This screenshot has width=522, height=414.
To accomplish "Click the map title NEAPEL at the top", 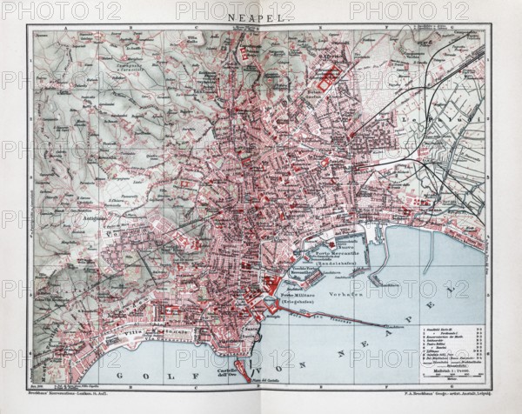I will point(262,16).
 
